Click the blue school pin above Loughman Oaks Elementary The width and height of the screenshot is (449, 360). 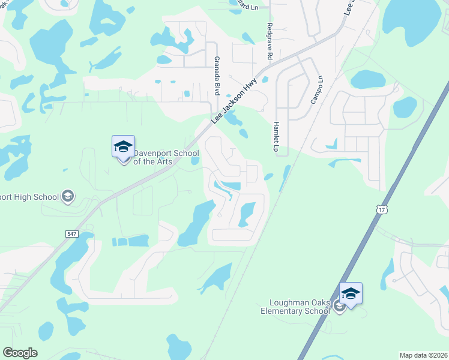[x=351, y=294]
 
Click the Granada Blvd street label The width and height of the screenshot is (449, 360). [x=216, y=76]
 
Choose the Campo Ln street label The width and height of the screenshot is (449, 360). [x=316, y=90]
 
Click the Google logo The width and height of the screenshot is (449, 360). [x=20, y=353]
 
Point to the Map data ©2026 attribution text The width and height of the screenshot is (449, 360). [x=423, y=355]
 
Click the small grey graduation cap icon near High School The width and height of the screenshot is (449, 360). [x=68, y=196]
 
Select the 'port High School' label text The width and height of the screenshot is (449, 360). [x=29, y=197]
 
